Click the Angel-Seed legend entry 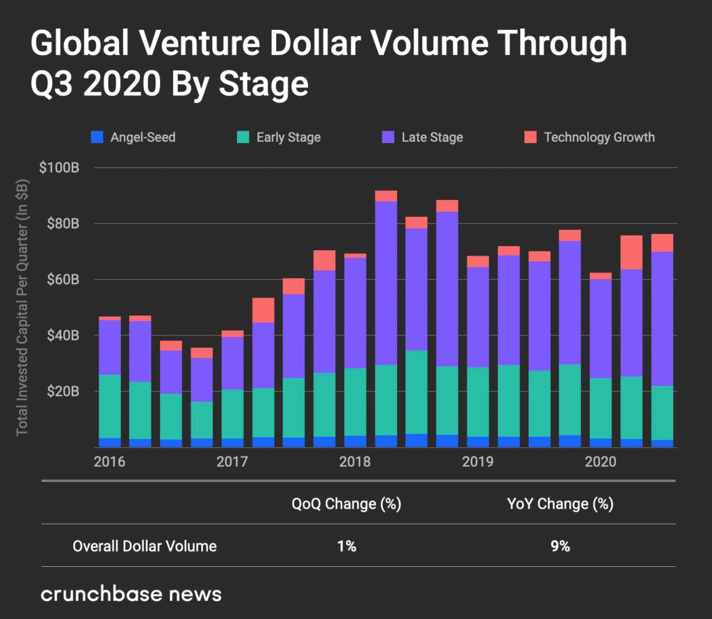tap(135, 138)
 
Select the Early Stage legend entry tap(280, 138)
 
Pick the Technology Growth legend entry tap(590, 138)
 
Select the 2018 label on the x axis tap(355, 462)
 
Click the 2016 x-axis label tap(108, 462)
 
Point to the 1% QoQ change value tap(346, 546)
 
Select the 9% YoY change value tap(560, 546)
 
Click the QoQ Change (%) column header tap(346, 504)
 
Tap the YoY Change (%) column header tap(560, 504)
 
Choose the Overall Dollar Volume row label tap(145, 546)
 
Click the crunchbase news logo tap(131, 594)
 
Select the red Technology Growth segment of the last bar tap(663, 242)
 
